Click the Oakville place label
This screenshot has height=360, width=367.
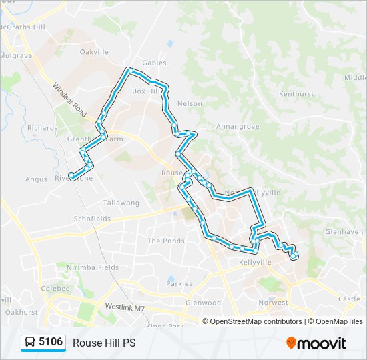click(94, 51)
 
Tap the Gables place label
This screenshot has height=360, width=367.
click(153, 63)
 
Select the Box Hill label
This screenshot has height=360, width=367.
click(147, 91)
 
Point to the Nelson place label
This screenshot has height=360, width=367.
click(190, 104)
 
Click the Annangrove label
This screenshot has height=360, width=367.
click(232, 125)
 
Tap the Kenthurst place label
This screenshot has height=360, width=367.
click(296, 94)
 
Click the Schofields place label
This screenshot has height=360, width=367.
click(92, 219)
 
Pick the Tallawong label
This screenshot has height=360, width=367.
click(121, 203)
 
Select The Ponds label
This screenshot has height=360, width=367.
click(165, 241)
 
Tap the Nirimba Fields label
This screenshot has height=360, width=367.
click(93, 267)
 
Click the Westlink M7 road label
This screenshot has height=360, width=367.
click(124, 307)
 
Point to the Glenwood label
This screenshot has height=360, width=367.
click(203, 302)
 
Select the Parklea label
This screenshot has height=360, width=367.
click(179, 283)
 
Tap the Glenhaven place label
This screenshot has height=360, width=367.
click(345, 232)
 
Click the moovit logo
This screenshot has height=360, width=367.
click(316, 343)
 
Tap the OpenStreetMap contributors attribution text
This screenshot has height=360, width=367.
click(256, 321)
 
